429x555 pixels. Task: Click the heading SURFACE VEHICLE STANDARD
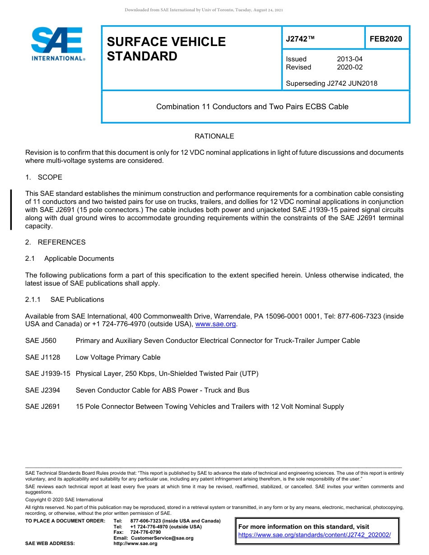click(x=166, y=49)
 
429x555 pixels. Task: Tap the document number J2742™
click(x=300, y=39)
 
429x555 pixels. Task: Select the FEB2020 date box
click(x=386, y=39)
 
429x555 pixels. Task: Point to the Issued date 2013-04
click(x=350, y=59)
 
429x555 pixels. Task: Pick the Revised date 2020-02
click(x=350, y=67)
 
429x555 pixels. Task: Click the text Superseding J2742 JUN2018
click(x=331, y=83)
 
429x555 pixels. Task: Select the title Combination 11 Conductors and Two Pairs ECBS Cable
click(x=252, y=107)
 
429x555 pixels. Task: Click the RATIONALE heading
click(x=214, y=136)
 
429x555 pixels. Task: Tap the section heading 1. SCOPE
click(x=44, y=177)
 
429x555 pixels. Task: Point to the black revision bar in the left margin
click(x=11, y=210)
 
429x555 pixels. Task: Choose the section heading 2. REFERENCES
click(x=55, y=242)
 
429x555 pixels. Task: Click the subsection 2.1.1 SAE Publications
click(x=65, y=300)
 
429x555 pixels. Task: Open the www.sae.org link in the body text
click(x=215, y=324)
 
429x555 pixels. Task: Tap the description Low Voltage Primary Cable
click(x=118, y=357)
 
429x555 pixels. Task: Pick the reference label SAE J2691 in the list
click(x=42, y=407)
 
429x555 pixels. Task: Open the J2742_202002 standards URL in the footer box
click(x=314, y=535)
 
